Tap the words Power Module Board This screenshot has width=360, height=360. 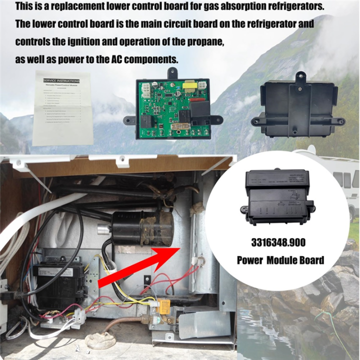coord(280,260)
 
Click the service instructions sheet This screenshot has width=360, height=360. coord(62,107)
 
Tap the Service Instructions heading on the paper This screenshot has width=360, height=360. coord(61,80)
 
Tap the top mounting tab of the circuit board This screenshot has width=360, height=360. coord(172,72)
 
